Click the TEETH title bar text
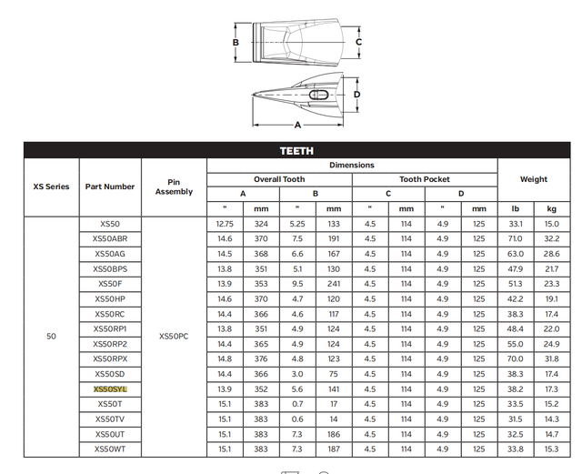(x=296, y=150)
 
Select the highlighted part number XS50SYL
(x=110, y=388)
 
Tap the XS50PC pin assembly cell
(x=174, y=336)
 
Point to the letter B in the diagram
(x=235, y=42)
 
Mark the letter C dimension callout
(x=358, y=42)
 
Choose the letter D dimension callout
(x=357, y=94)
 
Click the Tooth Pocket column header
(x=424, y=179)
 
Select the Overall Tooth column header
(x=279, y=179)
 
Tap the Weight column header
(x=533, y=179)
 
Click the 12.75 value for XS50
(x=225, y=223)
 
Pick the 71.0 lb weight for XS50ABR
(x=515, y=238)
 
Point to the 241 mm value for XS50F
(x=333, y=284)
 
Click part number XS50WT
(x=110, y=449)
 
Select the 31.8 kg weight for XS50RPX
(x=551, y=358)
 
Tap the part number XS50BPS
(x=110, y=268)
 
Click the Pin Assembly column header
(x=174, y=187)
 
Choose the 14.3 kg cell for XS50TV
(x=551, y=419)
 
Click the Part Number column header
(x=110, y=187)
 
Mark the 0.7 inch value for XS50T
(x=296, y=404)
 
